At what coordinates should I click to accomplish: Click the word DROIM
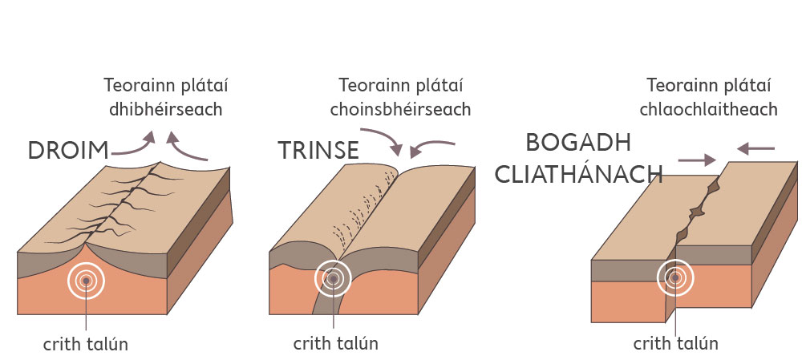[x=69, y=151]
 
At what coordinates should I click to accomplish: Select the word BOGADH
[x=577, y=143]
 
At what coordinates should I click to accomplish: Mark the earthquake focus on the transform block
[x=675, y=278]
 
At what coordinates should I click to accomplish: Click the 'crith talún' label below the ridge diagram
[x=86, y=344]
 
